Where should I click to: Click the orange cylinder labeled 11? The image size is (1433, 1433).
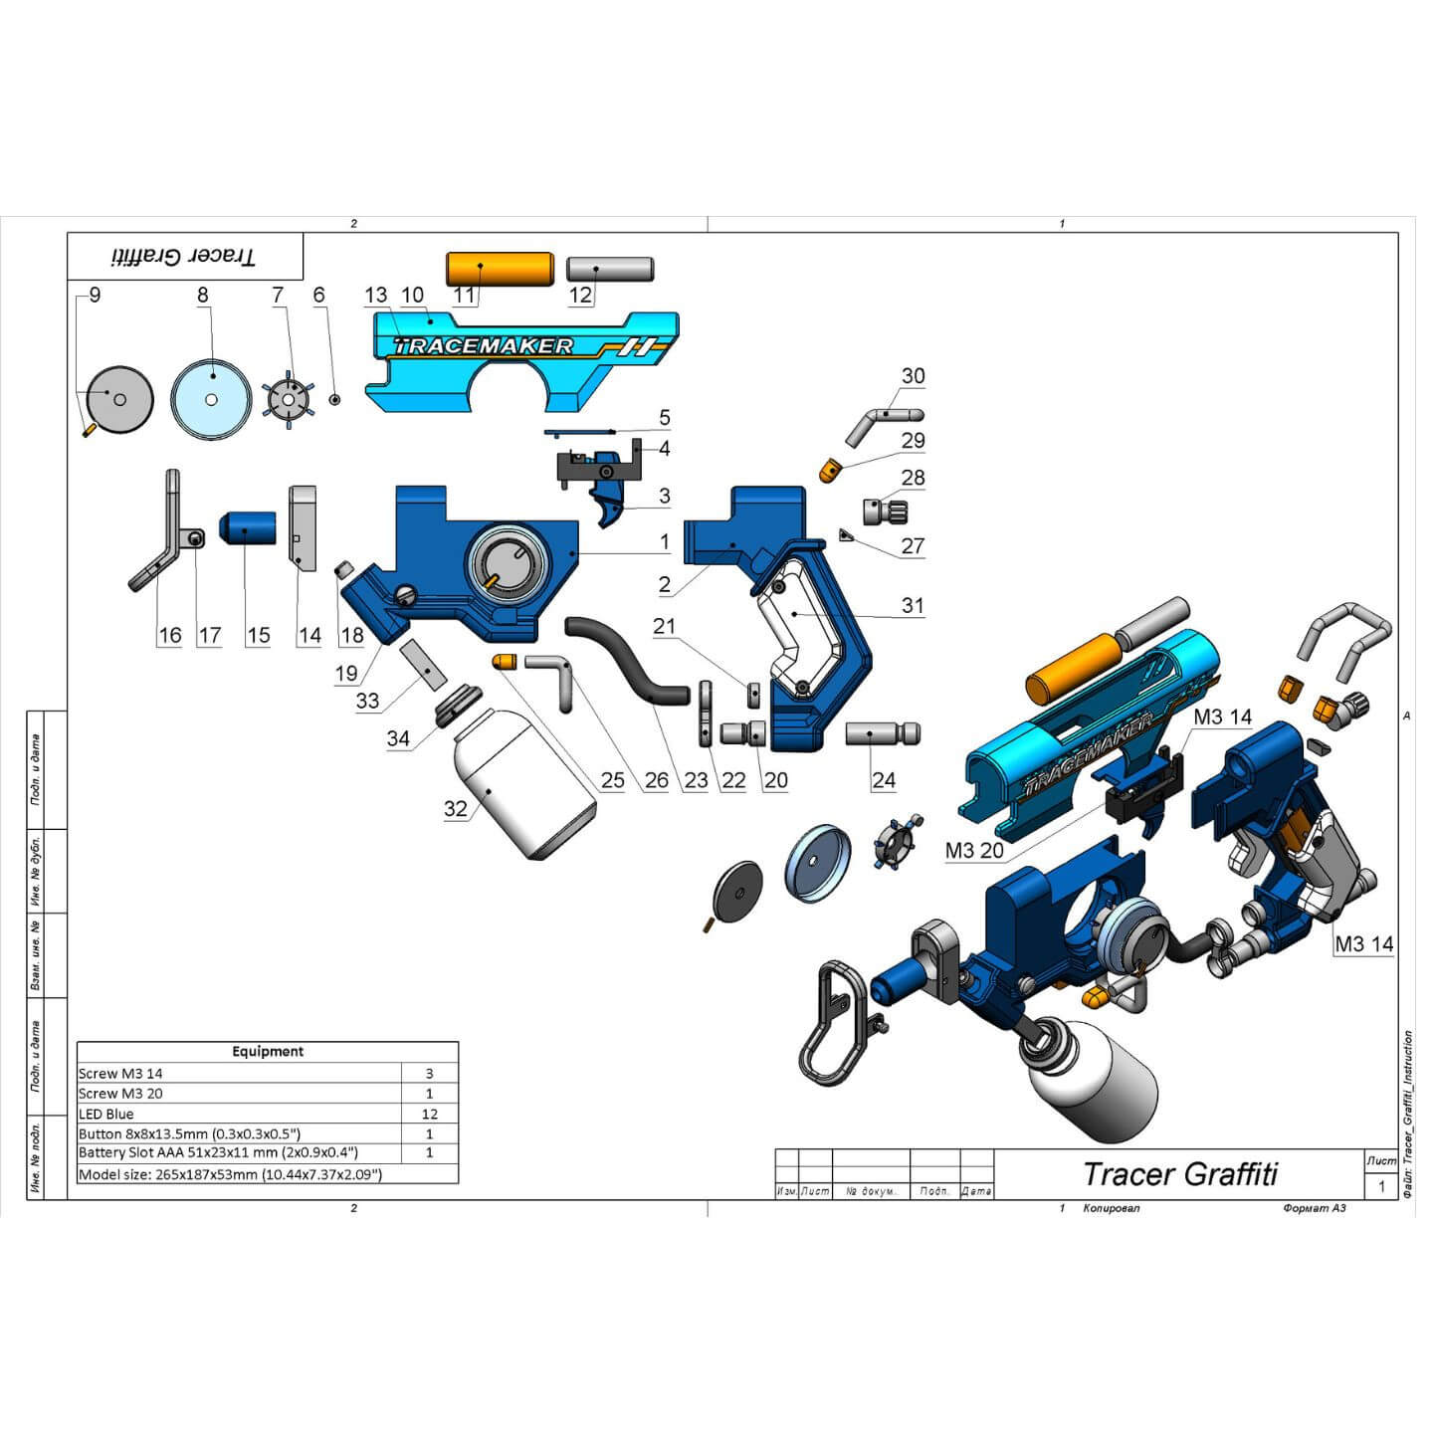click(x=499, y=269)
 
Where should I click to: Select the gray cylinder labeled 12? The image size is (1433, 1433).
click(x=609, y=268)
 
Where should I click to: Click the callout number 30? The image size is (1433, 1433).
click(x=913, y=376)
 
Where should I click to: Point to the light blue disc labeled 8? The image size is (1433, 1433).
click(x=211, y=399)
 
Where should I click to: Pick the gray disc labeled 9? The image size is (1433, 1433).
click(x=119, y=399)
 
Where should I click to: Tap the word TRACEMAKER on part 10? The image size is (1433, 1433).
click(x=484, y=346)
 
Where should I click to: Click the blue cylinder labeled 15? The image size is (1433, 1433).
click(x=248, y=526)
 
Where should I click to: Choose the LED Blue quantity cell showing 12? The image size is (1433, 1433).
click(x=429, y=1114)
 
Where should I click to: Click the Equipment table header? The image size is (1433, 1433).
click(x=267, y=1051)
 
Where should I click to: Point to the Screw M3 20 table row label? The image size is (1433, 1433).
click(x=120, y=1094)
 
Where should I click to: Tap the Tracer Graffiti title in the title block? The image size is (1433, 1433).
click(x=1179, y=1174)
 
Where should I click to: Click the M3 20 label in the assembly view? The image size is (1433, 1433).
click(x=974, y=851)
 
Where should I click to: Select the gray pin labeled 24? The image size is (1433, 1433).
click(x=883, y=734)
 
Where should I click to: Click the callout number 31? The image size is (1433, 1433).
click(x=913, y=605)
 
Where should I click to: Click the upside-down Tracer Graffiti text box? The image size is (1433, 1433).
click(x=185, y=257)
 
